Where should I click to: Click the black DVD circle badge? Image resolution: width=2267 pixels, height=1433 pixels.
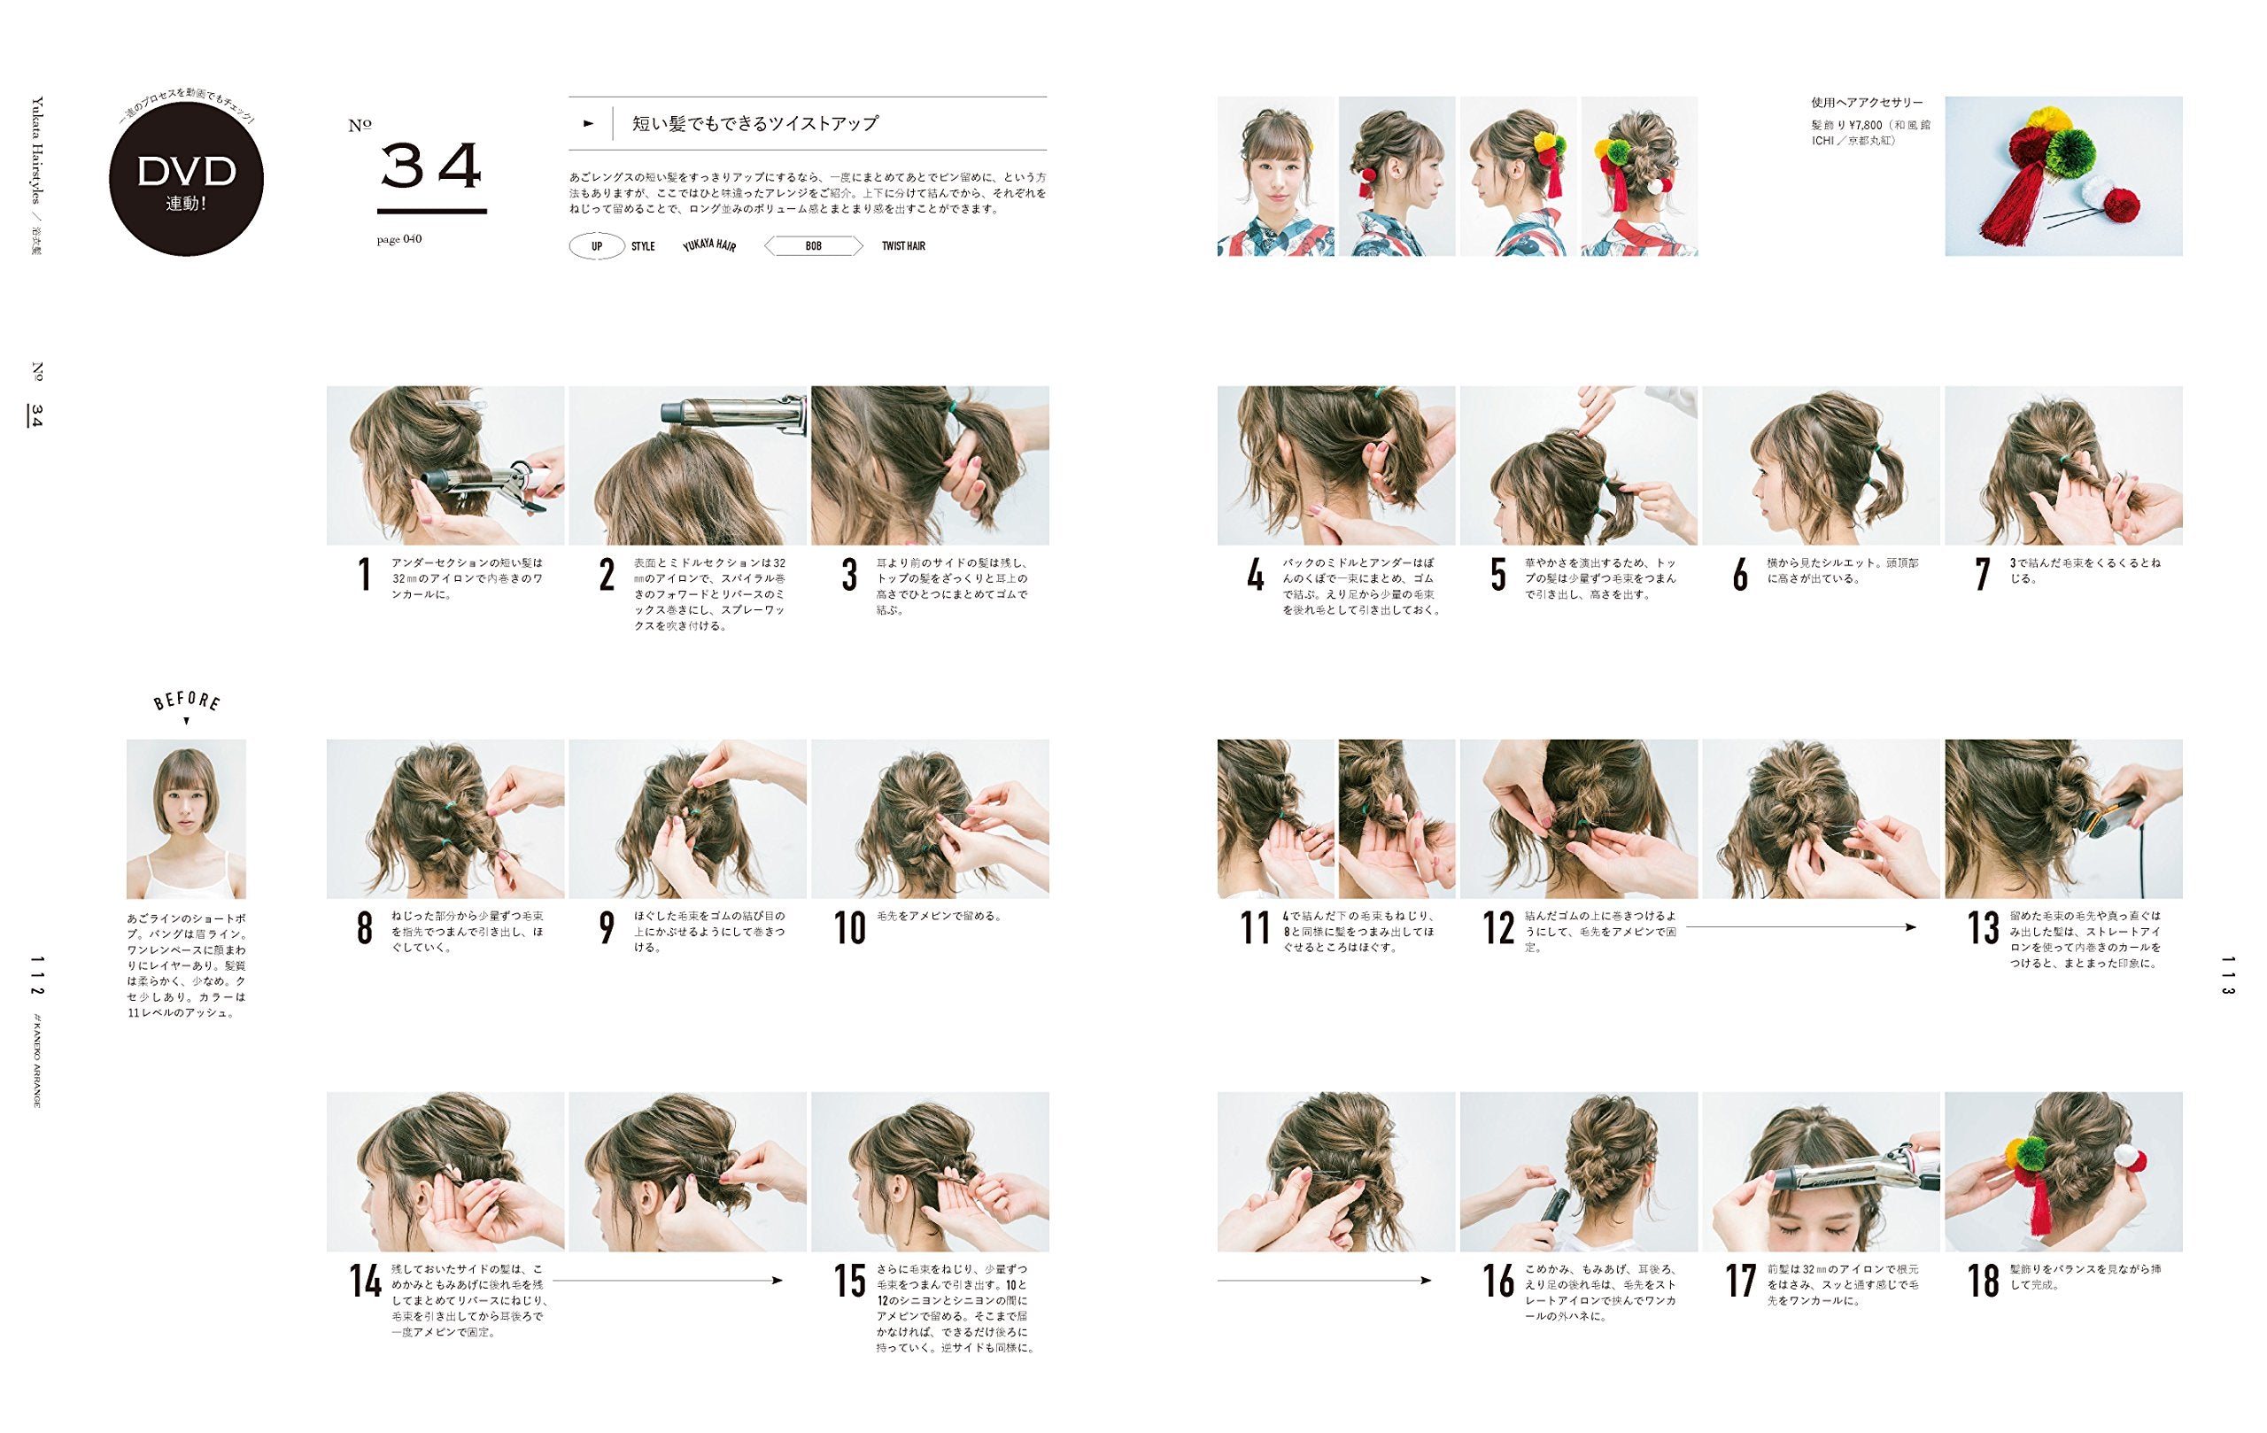tap(185, 179)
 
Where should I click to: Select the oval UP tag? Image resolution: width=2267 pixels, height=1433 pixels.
tap(597, 247)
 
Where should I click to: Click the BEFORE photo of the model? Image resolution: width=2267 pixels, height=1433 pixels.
tap(186, 819)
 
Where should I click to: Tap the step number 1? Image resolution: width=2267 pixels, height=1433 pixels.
tap(364, 576)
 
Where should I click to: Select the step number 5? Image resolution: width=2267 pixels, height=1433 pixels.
tap(1497, 576)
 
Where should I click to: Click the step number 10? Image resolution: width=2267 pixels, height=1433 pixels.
tap(849, 928)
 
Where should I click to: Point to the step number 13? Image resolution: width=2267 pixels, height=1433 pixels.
tap(1983, 928)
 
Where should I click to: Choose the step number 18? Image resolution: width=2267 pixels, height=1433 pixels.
tap(1983, 1282)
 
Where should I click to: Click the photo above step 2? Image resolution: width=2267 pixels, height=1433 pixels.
tap(687, 465)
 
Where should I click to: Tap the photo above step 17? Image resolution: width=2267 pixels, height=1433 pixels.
tap(1821, 1171)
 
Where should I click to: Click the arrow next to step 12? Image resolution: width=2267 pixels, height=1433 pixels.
tap(1801, 927)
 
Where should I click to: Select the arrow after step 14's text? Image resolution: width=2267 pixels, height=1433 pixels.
tap(668, 1281)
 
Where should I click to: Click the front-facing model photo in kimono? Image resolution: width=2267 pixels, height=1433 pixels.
tap(1276, 176)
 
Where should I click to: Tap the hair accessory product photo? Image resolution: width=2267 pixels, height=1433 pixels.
tap(2063, 176)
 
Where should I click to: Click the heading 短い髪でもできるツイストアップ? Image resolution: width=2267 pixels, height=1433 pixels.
tap(755, 123)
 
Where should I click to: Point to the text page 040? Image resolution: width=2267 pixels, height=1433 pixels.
tap(399, 239)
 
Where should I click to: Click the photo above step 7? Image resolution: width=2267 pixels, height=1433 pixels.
tap(2063, 465)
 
